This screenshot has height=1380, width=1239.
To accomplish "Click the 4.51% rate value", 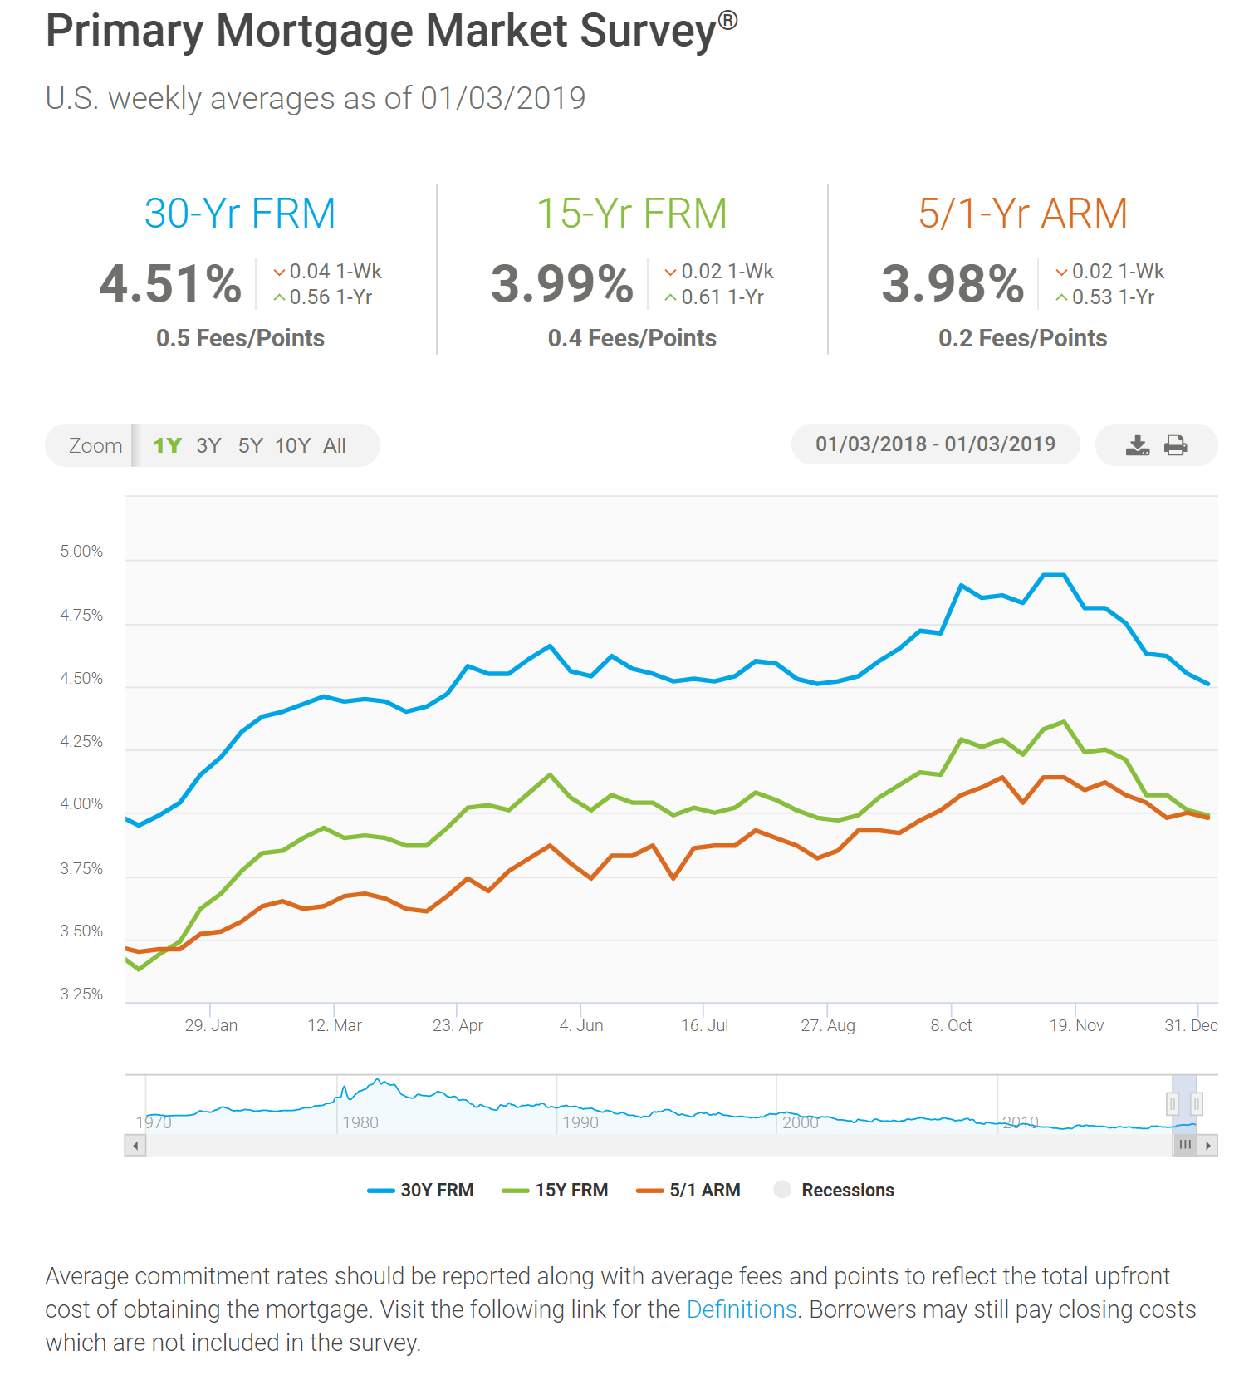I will (x=170, y=284).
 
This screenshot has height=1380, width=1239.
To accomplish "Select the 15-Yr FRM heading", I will (x=631, y=214).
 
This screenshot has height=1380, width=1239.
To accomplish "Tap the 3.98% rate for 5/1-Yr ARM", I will (x=953, y=284).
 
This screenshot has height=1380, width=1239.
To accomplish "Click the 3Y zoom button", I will (x=208, y=446).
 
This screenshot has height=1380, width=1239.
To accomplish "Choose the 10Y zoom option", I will (x=292, y=446).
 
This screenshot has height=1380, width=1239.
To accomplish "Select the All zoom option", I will (x=335, y=446).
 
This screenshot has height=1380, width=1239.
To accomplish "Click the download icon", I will (x=1138, y=445).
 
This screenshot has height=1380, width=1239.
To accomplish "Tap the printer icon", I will (x=1175, y=445).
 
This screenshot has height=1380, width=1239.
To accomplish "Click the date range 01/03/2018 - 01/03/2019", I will (x=935, y=444).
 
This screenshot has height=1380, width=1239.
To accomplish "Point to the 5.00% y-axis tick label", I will (x=81, y=552).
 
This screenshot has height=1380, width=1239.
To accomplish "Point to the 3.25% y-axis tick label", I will (x=81, y=994).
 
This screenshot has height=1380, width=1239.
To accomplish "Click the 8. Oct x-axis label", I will (x=951, y=1026).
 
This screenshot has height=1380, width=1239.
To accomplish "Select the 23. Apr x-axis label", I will (x=458, y=1026).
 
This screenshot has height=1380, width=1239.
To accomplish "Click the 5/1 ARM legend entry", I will (x=688, y=1191).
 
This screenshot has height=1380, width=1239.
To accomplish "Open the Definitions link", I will (x=742, y=1309).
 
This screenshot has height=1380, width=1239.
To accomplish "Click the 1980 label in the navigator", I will (x=360, y=1123).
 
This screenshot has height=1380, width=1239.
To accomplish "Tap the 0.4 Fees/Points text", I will (x=631, y=338).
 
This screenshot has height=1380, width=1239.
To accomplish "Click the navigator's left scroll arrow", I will (x=135, y=1146).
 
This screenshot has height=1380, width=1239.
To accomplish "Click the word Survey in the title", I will (x=647, y=32).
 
